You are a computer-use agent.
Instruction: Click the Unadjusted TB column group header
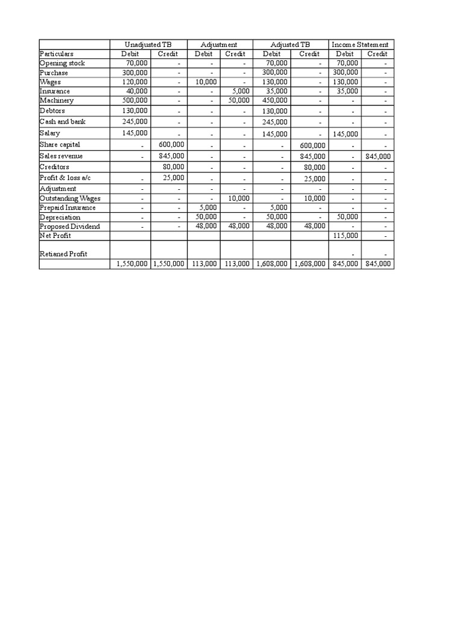tap(148, 45)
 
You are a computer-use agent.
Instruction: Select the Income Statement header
tap(360, 45)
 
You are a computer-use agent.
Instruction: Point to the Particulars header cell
tap(57, 54)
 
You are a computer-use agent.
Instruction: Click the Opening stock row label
tap(62, 63)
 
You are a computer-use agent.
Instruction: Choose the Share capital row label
tap(60, 145)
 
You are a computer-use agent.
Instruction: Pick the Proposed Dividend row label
tap(69, 227)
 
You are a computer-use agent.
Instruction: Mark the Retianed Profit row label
tap(63, 254)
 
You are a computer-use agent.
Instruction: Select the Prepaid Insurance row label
tap(68, 208)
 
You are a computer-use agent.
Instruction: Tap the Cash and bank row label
tap(63, 122)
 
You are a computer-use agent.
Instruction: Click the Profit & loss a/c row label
tap(65, 178)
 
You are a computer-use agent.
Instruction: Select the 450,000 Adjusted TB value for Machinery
tap(276, 101)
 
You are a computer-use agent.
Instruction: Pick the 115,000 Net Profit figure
tap(345, 236)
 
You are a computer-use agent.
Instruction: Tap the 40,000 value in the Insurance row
tap(137, 91)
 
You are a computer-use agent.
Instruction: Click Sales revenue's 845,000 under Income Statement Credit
tap(378, 156)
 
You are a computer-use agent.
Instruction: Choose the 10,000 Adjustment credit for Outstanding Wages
tap(238, 198)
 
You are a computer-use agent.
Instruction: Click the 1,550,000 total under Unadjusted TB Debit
tap(130, 264)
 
